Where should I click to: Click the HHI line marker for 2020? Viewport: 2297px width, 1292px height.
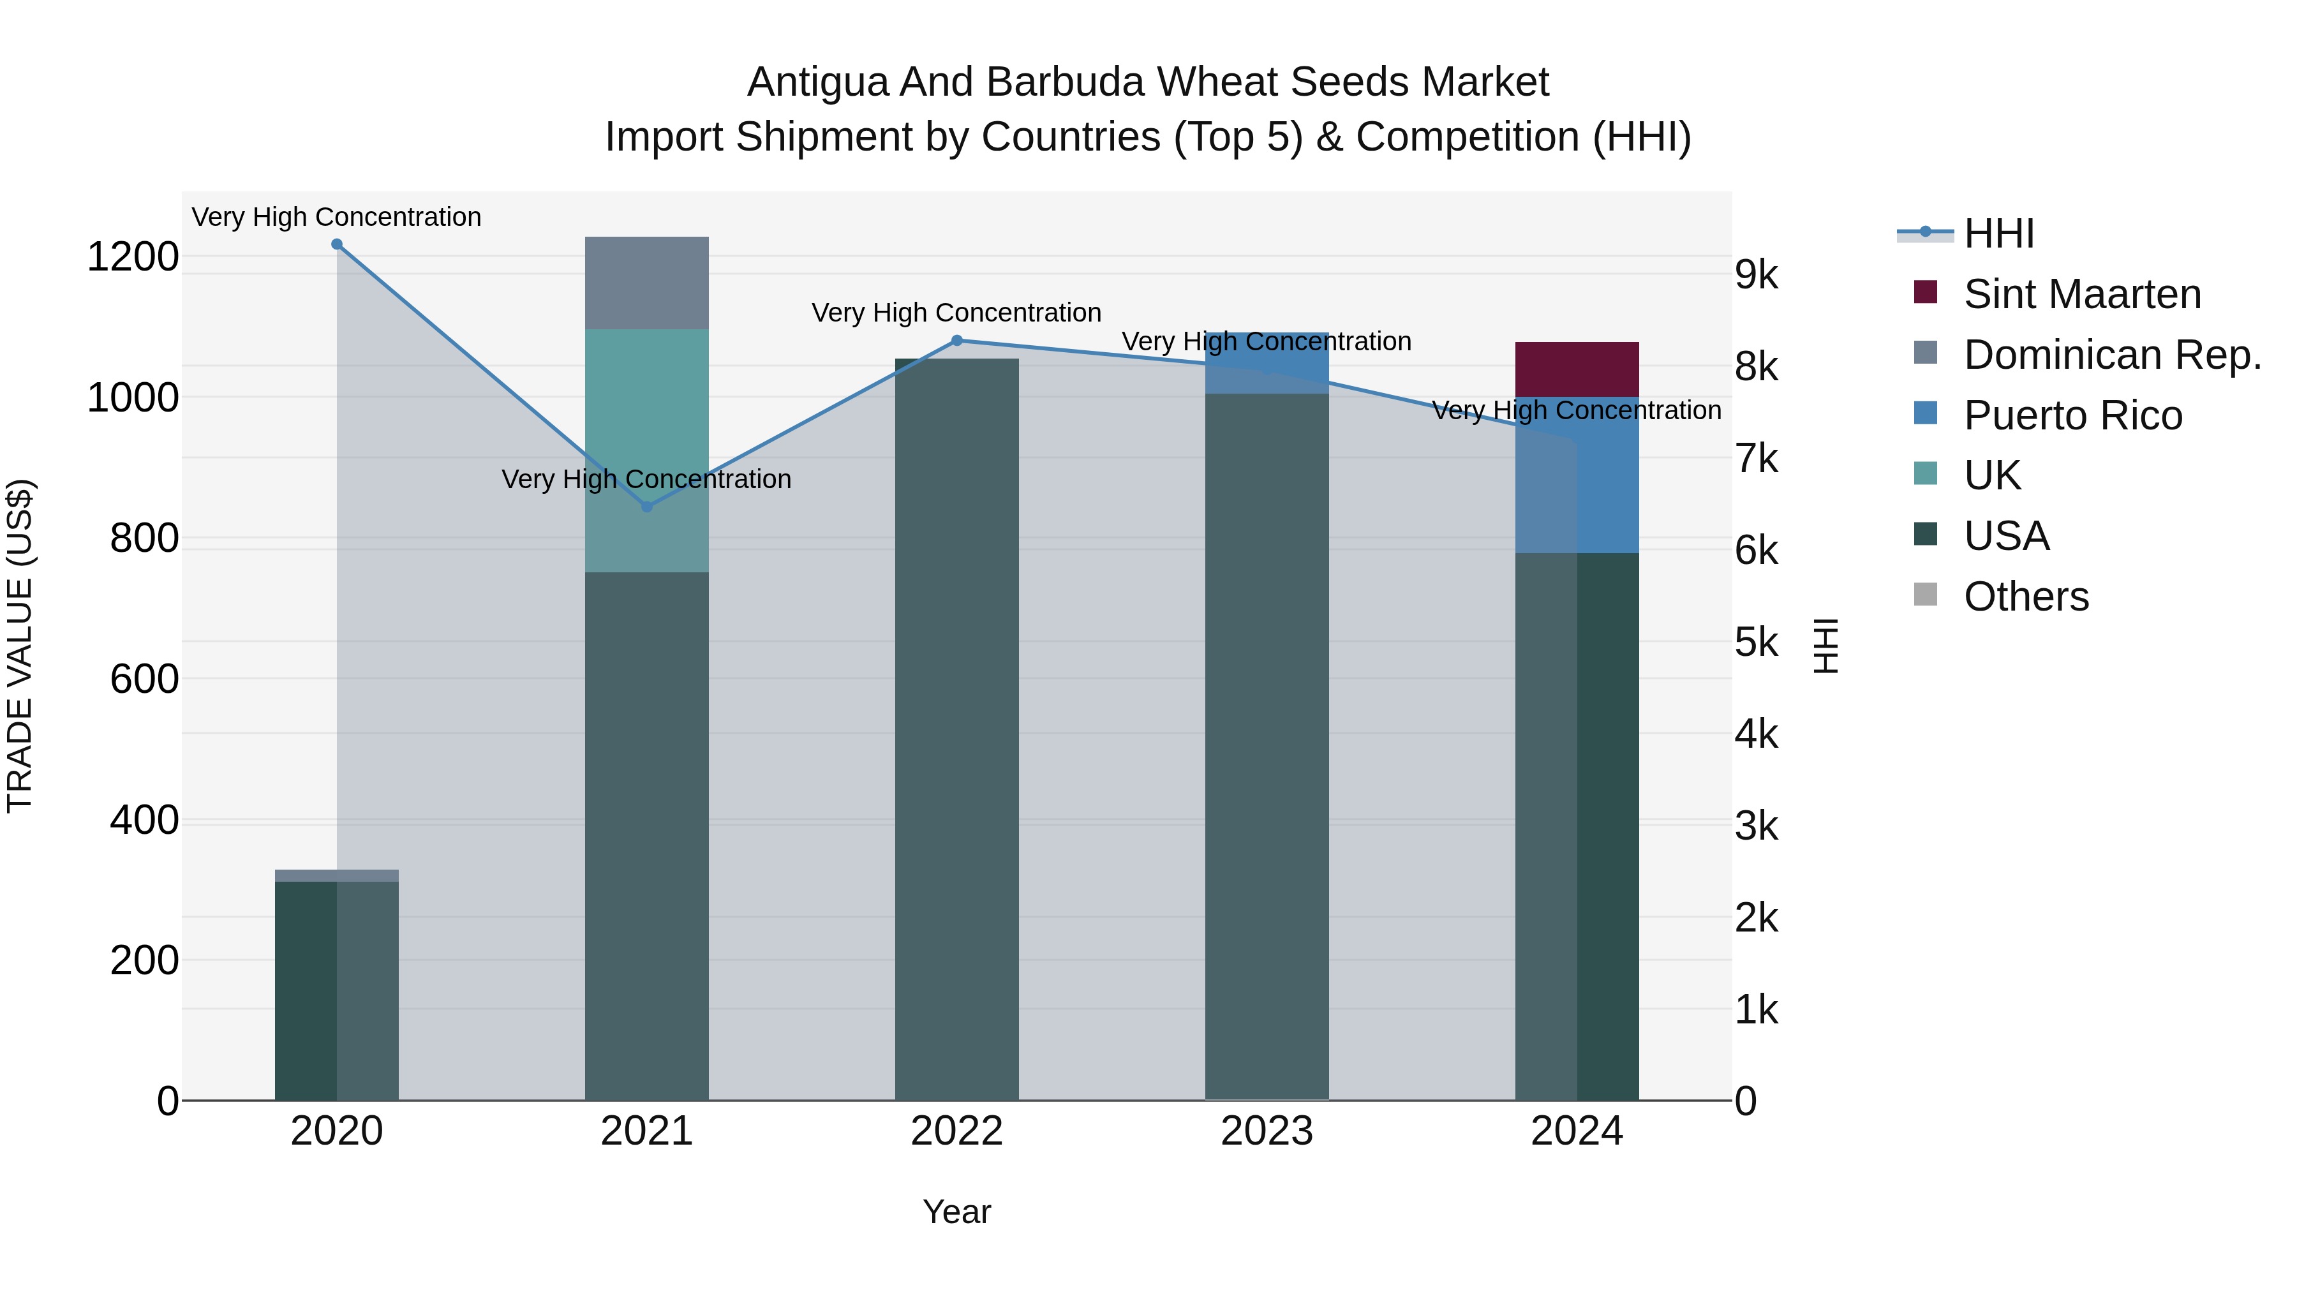336,244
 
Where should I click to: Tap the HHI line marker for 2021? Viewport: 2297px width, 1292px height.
648,507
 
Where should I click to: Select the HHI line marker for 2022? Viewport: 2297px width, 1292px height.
957,341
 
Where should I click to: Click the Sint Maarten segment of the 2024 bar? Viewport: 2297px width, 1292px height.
1577,369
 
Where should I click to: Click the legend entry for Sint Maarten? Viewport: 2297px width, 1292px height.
2082,294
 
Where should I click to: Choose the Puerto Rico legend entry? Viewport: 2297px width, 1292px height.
2072,415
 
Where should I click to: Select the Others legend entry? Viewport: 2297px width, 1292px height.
2026,597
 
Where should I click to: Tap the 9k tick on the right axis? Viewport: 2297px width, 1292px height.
1756,276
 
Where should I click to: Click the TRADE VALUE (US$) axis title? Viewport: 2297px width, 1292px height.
20,646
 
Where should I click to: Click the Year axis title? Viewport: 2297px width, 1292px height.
957,1212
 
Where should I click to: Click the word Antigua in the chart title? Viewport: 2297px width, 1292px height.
818,82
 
